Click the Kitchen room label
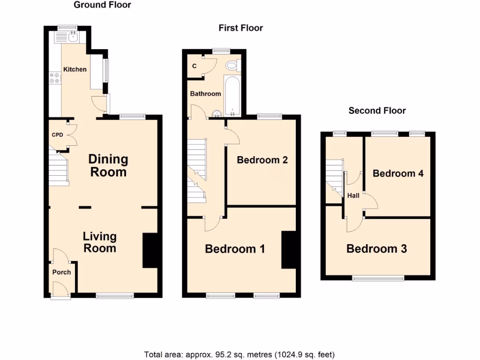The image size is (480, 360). [75, 69]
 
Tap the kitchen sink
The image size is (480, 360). [73, 36]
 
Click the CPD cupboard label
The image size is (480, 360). [57, 135]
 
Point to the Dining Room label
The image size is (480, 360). [108, 165]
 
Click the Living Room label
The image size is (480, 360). [100, 242]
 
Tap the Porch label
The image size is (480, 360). [61, 272]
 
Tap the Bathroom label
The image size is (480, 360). [205, 94]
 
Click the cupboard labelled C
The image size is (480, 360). [194, 66]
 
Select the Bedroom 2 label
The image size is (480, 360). [262, 160]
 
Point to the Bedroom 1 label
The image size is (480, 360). [235, 249]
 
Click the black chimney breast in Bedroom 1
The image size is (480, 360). [288, 250]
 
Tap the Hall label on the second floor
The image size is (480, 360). [353, 195]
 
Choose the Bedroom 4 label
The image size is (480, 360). [398, 173]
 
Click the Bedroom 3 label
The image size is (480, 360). [376, 249]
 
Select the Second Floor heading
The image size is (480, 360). [377, 111]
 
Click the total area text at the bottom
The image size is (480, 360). [239, 354]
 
